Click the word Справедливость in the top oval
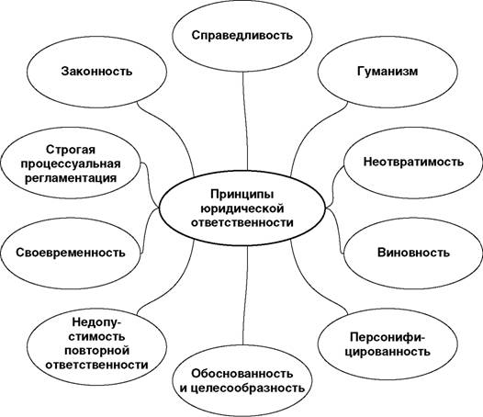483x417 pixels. pos(241,36)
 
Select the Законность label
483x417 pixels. pos(96,72)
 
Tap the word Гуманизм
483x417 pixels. pos(388,72)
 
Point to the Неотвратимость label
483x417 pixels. pos(413,162)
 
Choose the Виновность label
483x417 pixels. pos(413,253)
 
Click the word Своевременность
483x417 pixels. pos(71,253)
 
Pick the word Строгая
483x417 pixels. pos(71,150)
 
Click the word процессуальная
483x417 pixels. pos(71,164)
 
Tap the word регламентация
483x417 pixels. pos(71,178)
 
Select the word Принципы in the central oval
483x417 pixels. pos(241,195)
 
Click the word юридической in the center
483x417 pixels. pos(241,208)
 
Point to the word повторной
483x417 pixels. pos(96,351)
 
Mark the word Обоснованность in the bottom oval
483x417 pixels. pos(241,374)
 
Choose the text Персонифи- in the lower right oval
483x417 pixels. pos(388,337)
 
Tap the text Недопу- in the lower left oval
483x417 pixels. pos(96,322)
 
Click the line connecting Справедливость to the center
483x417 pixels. pos(245,121)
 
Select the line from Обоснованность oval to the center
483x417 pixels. pos(245,295)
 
